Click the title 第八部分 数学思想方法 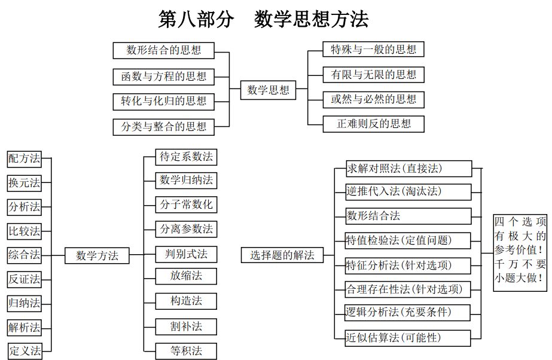263,19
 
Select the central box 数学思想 268,90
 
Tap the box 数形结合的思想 163,50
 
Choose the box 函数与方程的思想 163,77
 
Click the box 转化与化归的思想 163,102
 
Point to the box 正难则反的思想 374,124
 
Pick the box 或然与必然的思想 374,99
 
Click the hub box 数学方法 97,255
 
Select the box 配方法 25,158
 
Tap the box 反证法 25,279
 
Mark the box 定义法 25,351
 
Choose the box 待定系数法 186,157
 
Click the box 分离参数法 186,229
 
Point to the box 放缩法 186,276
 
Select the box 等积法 186,351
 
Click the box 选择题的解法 282,255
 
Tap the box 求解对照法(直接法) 408,169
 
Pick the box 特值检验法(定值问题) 408,241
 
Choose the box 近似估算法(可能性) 408,338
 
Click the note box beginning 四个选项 520,253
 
